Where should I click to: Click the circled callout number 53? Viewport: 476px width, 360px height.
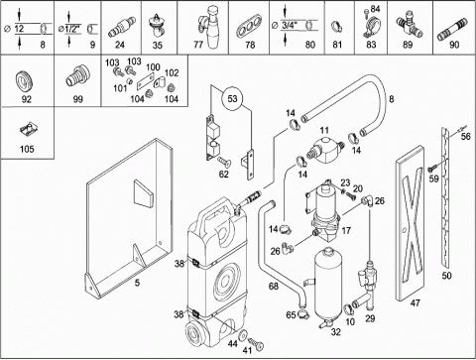[232, 98]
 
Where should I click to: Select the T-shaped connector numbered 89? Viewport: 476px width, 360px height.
[410, 25]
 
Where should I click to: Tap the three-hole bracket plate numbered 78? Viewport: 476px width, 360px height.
[249, 26]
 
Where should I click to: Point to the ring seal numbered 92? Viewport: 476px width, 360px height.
[24, 82]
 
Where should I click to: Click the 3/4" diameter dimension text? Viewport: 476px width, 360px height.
[290, 25]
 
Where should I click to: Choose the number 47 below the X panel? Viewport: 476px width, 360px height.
[415, 302]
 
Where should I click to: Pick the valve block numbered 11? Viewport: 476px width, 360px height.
[325, 150]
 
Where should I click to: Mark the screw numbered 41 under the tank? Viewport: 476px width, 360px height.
[256, 344]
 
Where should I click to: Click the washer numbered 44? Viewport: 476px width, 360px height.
[242, 335]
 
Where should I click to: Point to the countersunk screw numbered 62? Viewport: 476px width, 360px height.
[224, 161]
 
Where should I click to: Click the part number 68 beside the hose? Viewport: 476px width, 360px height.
[274, 286]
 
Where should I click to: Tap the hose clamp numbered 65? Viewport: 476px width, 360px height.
[302, 313]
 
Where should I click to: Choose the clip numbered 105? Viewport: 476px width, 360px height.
[28, 129]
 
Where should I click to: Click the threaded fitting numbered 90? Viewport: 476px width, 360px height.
[452, 29]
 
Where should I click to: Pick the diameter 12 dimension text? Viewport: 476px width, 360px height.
[19, 29]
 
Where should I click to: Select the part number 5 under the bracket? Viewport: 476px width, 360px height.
[137, 283]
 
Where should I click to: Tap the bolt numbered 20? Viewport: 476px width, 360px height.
[350, 195]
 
